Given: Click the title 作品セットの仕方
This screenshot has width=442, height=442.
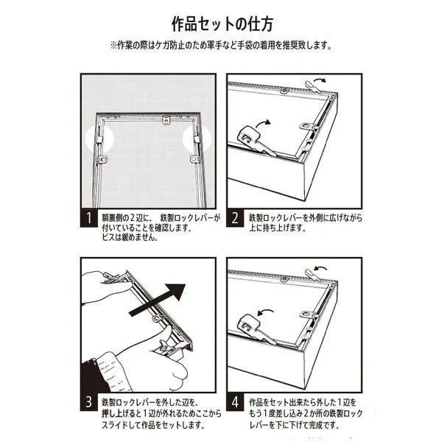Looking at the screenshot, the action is tap(222, 24).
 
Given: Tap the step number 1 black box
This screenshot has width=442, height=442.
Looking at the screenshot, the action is tap(89, 218).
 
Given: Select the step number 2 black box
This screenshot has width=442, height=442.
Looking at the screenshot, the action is tap(235, 218).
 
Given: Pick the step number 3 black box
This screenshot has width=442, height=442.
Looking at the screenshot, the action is tap(89, 401).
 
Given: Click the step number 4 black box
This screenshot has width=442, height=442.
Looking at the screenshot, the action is tap(235, 401).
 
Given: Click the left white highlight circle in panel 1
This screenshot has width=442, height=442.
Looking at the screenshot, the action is tap(99, 138).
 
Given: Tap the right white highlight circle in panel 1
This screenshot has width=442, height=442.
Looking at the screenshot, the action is tap(197, 138).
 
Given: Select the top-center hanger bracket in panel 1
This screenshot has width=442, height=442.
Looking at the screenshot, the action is tap(166, 120).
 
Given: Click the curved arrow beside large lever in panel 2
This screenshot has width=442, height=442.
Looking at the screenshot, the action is tap(263, 123).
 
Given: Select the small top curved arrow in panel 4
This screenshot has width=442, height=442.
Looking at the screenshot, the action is tap(320, 267).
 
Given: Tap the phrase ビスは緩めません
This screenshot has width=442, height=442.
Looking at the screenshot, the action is tap(130, 237).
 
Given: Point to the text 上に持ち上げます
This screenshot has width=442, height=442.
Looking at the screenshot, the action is tap(278, 228).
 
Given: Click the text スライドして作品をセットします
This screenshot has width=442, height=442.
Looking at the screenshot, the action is tap(153, 424).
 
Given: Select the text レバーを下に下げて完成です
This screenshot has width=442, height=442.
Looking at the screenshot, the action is tap(293, 424).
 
